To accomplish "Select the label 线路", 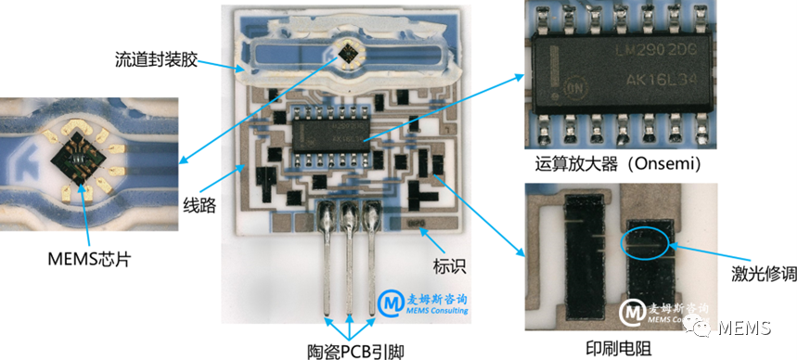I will point(198,205).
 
